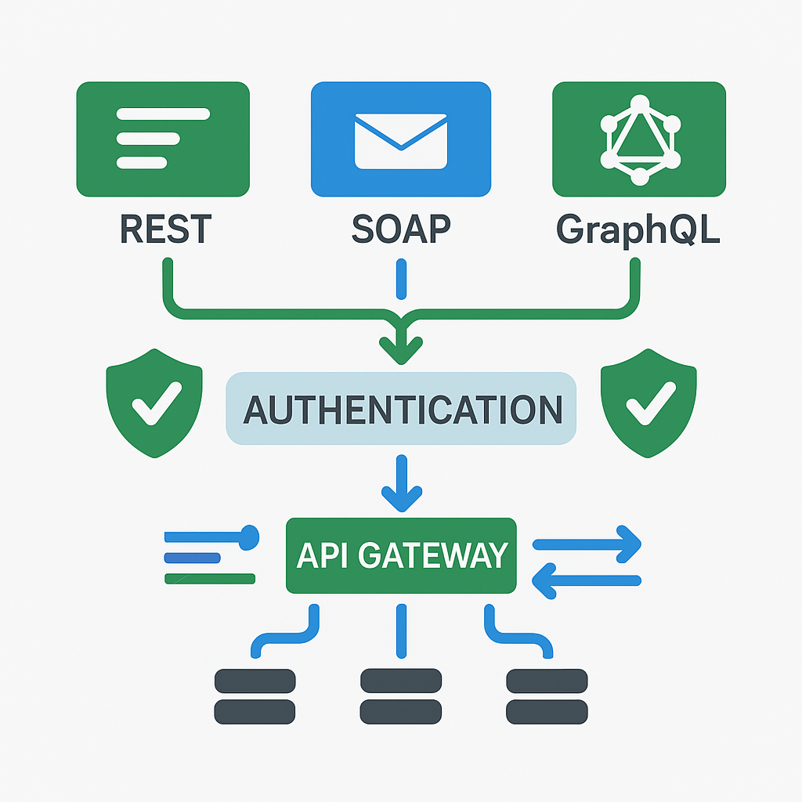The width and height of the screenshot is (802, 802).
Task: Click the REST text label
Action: point(165,228)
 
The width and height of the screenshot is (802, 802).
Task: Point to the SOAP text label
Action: point(401,228)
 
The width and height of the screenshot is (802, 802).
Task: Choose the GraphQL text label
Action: point(638,228)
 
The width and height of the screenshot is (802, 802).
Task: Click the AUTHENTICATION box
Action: point(401,410)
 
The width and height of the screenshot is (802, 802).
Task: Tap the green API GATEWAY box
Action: point(401,555)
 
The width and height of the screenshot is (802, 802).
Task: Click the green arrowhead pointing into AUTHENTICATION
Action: point(400,347)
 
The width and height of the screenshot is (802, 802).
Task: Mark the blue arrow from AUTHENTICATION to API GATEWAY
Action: point(401,482)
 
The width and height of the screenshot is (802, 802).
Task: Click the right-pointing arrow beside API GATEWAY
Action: point(587,543)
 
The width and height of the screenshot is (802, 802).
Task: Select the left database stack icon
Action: point(255,695)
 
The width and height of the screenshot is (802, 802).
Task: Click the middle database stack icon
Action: point(400,695)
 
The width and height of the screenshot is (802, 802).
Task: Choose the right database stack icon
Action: point(547,695)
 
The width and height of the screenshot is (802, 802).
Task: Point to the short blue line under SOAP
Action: point(401,280)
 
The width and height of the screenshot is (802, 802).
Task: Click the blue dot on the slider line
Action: point(248,537)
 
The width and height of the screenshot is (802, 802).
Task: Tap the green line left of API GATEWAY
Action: point(210,579)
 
